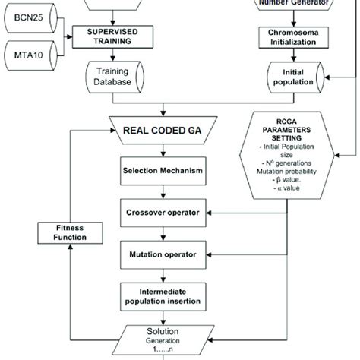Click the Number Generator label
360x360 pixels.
tap(292, 3)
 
